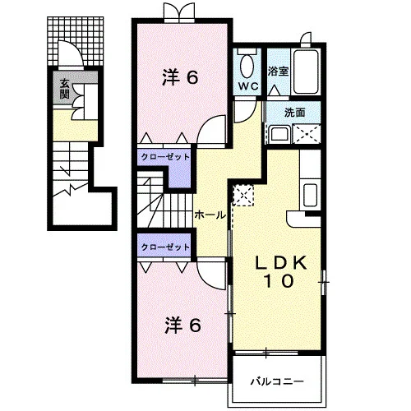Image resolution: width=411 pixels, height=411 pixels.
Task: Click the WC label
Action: click(248, 86)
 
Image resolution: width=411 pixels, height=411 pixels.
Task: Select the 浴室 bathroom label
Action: click(278, 72)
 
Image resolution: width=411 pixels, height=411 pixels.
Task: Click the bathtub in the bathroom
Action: click(306, 72)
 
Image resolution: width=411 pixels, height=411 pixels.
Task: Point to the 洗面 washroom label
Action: click(294, 113)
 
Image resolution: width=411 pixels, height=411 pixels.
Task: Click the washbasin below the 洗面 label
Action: click(279, 135)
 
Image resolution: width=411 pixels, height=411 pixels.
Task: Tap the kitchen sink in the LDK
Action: click(310, 195)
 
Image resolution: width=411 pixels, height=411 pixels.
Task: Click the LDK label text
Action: click(280, 263)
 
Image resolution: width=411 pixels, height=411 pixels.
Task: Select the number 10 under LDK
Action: click(279, 281)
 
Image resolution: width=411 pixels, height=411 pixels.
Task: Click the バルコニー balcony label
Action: click(277, 381)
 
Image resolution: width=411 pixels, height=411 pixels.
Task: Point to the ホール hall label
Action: click(210, 215)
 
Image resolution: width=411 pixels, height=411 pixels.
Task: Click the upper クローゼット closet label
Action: click(165, 157)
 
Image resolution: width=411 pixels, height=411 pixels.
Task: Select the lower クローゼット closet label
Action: click(165, 247)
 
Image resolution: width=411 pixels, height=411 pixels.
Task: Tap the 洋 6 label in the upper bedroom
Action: click(180, 77)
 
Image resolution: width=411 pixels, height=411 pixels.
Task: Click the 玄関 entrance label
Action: click(64, 89)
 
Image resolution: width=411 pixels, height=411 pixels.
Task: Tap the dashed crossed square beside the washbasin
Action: click(307, 134)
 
